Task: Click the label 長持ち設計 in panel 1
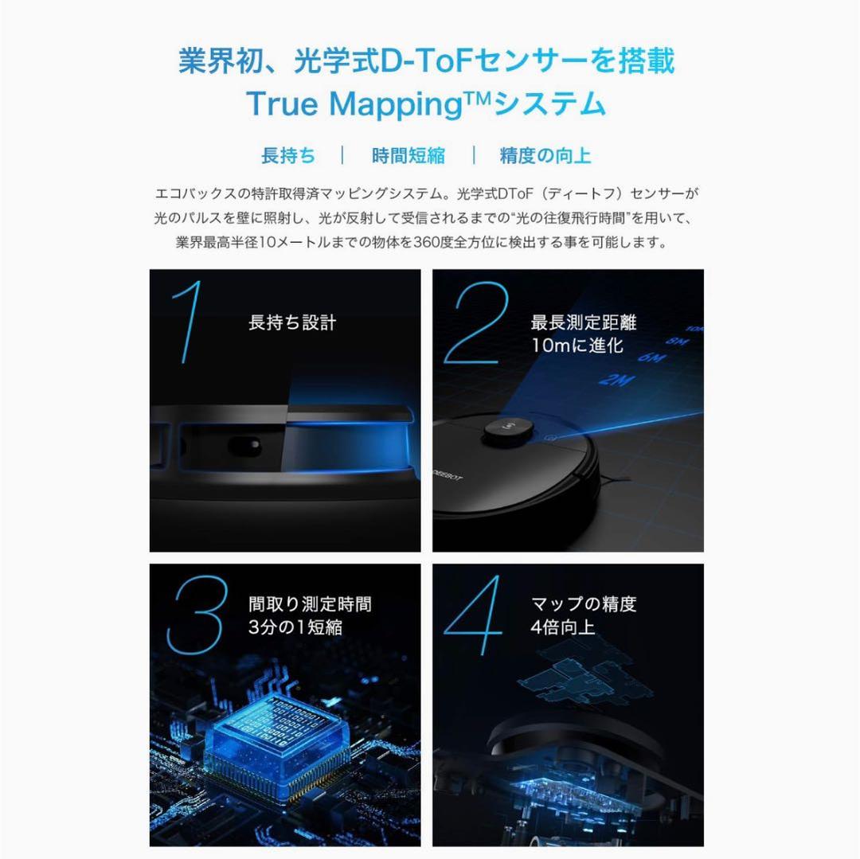click(x=292, y=323)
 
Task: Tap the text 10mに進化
click(x=577, y=346)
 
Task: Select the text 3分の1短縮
click(x=295, y=627)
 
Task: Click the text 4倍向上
click(x=563, y=627)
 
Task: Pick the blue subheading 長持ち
click(x=288, y=155)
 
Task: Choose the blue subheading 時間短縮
click(x=408, y=155)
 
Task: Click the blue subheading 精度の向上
click(x=545, y=155)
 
